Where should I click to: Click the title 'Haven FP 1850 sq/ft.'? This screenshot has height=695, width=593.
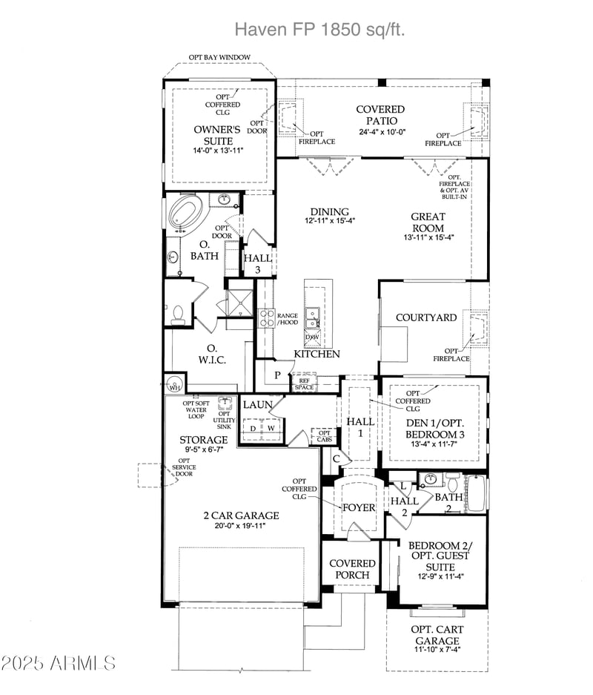pos(319,29)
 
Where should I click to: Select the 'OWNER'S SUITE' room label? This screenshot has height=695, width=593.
pos(218,134)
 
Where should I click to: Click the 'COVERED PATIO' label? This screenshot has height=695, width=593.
pos(380,115)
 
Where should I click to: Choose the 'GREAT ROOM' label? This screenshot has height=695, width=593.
pos(428,223)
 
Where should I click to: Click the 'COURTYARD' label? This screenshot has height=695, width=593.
pos(425,317)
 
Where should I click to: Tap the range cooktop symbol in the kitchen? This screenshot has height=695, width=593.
pos(265,318)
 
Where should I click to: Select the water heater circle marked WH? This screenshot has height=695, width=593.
pos(174,386)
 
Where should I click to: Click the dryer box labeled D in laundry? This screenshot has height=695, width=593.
pos(253,428)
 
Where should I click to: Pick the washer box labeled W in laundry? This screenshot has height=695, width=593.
pos(271,428)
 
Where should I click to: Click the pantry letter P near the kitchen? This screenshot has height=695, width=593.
pos(277,375)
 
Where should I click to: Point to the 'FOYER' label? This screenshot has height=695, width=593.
pos(358,508)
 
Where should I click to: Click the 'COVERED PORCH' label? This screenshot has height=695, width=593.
pos(352,569)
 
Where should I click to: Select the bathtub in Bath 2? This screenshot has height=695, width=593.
pos(476,494)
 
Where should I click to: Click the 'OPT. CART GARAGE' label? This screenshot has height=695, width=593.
pos(437,635)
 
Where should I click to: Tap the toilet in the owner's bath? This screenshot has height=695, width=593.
pos(176,314)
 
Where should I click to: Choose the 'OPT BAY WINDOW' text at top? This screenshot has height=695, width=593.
pos(219,57)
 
